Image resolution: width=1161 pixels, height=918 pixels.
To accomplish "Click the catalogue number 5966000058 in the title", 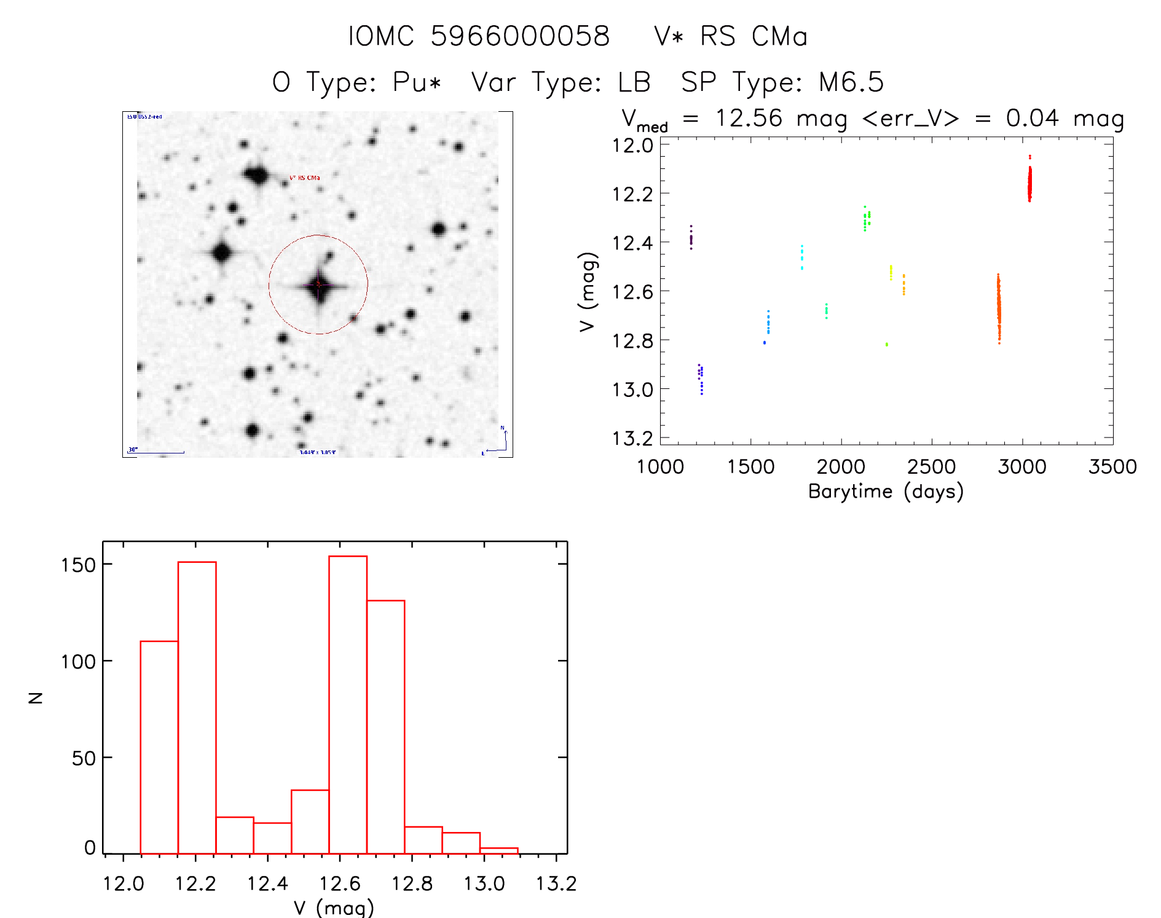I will coord(519,36).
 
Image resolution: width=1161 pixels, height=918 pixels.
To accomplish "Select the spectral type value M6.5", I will coord(851,82).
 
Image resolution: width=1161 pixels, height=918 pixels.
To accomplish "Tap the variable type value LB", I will coord(634,82).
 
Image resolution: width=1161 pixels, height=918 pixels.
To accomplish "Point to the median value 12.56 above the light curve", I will coord(749,118).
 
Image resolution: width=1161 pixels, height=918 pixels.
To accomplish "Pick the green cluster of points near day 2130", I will coord(866,218).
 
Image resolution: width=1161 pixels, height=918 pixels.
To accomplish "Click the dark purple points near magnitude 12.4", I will coord(691,238).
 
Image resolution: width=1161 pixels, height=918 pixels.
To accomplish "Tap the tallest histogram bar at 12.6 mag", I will coord(348,704).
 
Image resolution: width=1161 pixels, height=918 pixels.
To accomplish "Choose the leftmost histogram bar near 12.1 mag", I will coord(159,747).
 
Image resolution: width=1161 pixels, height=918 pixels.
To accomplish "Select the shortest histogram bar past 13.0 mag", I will coord(498,850).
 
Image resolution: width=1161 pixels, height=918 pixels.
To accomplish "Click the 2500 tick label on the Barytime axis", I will coord(931,467).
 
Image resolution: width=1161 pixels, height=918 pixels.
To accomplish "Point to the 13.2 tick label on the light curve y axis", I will coord(632,438).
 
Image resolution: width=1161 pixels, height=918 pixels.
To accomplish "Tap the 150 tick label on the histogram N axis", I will coord(79,565).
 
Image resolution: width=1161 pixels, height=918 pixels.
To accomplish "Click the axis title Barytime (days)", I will coord(886,492).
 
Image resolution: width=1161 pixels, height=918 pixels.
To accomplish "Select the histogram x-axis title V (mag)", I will coord(334,908).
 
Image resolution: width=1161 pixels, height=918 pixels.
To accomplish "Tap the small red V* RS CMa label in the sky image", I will coord(305,178).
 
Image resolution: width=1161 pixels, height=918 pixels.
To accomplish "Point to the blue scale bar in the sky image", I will coord(156,453).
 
